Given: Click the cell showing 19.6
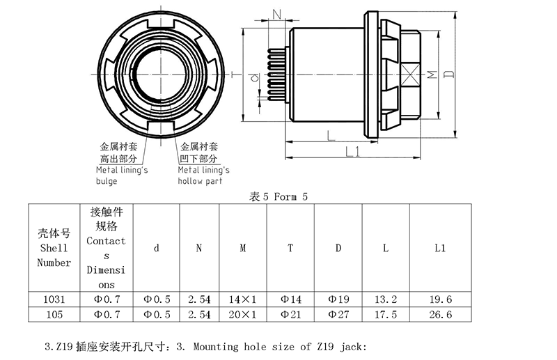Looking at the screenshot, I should pos(440,299).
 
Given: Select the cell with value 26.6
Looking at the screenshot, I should pos(440,315).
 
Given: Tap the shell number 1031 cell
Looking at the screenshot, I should pos(54,299).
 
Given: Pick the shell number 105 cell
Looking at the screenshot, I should pos(54,315).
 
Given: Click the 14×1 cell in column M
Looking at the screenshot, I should pos(243,299).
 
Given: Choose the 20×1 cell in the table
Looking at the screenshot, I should pos(243,315).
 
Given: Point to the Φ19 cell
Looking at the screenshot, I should pos(338,299).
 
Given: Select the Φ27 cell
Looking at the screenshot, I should pos(338,315).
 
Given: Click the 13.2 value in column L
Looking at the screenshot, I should pos(386,299).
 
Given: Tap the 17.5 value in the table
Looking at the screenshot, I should pos(386,315).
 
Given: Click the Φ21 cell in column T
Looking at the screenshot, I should pos(290,315).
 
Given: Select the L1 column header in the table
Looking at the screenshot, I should pos(440,248).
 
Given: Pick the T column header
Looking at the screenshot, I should pos(290,248).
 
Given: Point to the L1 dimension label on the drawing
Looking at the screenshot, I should pos(352,152).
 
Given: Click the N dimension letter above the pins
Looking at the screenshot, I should pos(277,15).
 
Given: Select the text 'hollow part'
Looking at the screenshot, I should pos(201,181).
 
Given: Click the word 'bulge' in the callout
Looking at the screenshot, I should pos(107,181).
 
